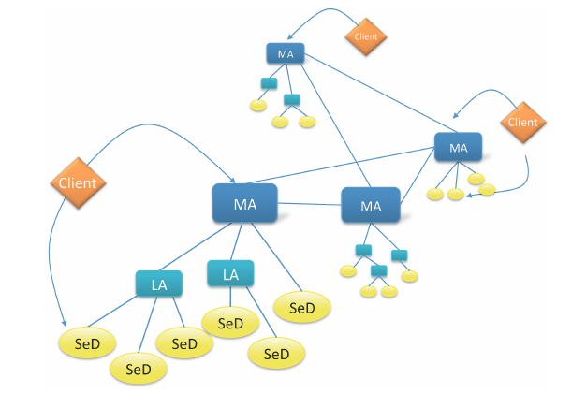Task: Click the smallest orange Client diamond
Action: click(x=366, y=36)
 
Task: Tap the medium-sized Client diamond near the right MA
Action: click(x=521, y=122)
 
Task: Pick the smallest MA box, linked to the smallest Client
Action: click(x=286, y=54)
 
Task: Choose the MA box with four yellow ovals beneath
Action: click(x=458, y=148)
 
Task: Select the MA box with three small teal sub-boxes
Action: click(x=371, y=205)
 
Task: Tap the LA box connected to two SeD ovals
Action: click(x=230, y=274)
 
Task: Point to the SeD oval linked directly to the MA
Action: click(x=301, y=307)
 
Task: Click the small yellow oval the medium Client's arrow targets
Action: click(x=486, y=190)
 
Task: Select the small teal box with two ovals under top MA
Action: click(x=291, y=100)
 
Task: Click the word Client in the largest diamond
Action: click(x=77, y=183)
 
